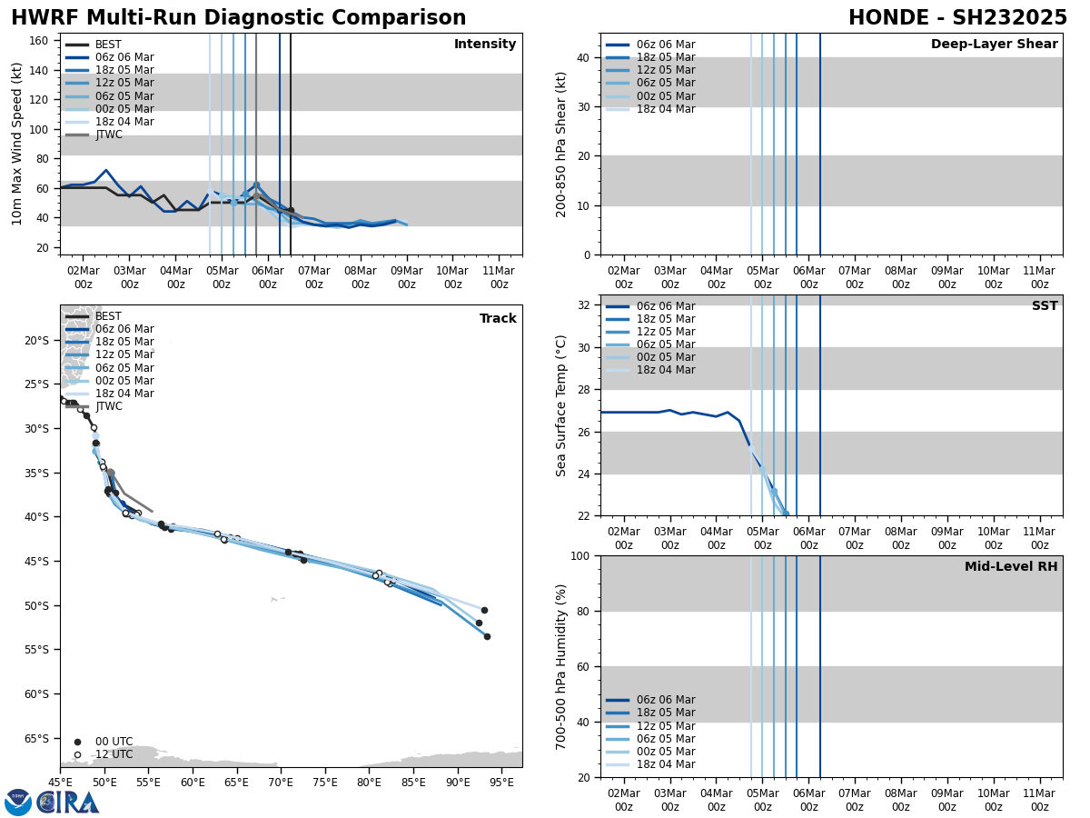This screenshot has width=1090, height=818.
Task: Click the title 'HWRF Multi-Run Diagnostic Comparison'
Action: click(238, 18)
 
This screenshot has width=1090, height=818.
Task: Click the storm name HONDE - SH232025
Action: click(957, 18)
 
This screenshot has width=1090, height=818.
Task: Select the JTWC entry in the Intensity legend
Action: click(108, 135)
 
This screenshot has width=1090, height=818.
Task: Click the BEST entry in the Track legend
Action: click(108, 316)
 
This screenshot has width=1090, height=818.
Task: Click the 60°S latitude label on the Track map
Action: click(36, 693)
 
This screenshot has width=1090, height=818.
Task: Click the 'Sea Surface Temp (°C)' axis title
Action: click(562, 405)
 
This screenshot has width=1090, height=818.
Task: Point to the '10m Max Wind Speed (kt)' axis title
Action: click(17, 144)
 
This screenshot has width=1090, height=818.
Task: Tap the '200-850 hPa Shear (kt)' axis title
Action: click(562, 144)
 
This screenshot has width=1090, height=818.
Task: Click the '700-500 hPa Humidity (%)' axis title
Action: click(562, 666)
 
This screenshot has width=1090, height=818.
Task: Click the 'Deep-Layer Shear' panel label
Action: click(994, 45)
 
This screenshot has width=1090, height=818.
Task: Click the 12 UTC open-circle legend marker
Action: click(77, 754)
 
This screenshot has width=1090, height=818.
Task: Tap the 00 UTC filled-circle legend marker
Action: click(77, 742)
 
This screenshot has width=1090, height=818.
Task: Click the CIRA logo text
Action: click(68, 802)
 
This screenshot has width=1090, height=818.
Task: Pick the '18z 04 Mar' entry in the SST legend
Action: click(666, 370)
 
